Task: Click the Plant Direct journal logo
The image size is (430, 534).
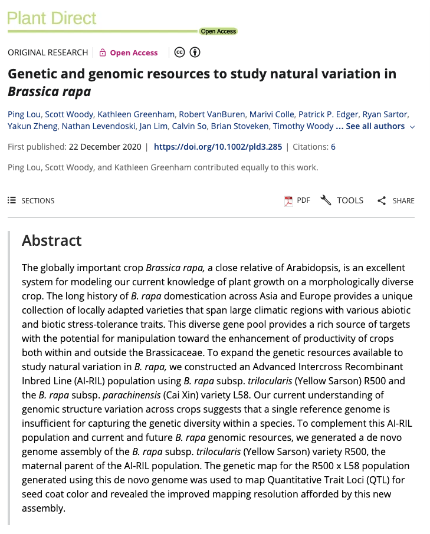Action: pyautogui.click(x=51, y=18)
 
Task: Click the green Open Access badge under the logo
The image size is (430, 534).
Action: pyautogui.click(x=218, y=31)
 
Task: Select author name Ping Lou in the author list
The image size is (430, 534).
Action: pyautogui.click(x=24, y=114)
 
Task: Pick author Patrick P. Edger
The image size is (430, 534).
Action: pyautogui.click(x=326, y=114)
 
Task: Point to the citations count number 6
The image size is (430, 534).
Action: pyautogui.click(x=333, y=147)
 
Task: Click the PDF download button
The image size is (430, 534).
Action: pyautogui.click(x=297, y=200)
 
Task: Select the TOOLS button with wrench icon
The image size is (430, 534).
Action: pyautogui.click(x=342, y=200)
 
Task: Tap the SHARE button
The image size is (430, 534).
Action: pyautogui.click(x=396, y=200)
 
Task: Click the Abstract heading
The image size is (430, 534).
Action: pyautogui.click(x=52, y=240)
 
